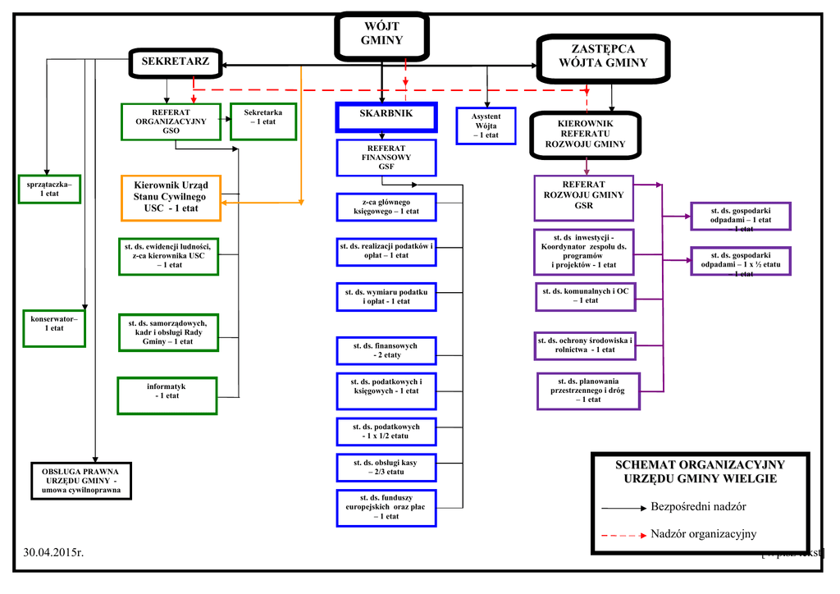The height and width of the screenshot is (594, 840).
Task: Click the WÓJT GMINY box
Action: pos(381,34)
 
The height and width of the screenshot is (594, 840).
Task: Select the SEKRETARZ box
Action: pos(176,62)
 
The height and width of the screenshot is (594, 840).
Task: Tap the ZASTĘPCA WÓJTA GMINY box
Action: pos(603,57)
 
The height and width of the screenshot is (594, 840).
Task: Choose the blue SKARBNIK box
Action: pos(386,116)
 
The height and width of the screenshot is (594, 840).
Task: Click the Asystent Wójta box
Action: pos(486,126)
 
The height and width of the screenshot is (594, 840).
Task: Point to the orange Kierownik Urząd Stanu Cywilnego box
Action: pos(171,198)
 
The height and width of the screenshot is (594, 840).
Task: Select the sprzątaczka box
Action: pos(49,189)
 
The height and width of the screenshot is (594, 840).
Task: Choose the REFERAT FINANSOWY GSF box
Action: pos(386,157)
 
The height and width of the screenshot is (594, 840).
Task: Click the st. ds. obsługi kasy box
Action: pos(386,467)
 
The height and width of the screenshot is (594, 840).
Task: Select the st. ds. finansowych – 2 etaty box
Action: pos(386,350)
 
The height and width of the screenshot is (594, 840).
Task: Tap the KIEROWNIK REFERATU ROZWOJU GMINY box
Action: pos(585,134)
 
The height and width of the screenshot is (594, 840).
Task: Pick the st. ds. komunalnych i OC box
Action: pos(586,295)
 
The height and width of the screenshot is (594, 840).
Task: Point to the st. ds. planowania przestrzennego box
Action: pos(588,391)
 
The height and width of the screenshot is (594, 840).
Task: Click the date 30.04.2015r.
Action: pos(54,551)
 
